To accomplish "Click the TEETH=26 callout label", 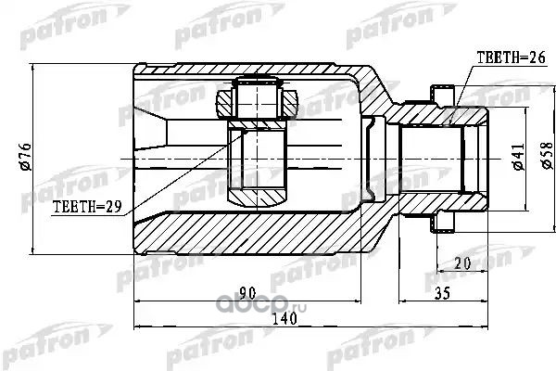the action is [511, 58].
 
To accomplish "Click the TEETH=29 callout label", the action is [87, 206].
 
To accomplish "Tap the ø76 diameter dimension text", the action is [26, 157].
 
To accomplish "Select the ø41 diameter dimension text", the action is [518, 156].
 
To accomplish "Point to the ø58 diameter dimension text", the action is [547, 155].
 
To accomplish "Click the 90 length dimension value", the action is [247, 293].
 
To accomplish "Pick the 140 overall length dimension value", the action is [284, 318].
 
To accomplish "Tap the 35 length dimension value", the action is [442, 293].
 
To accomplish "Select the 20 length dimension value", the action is [462, 263].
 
